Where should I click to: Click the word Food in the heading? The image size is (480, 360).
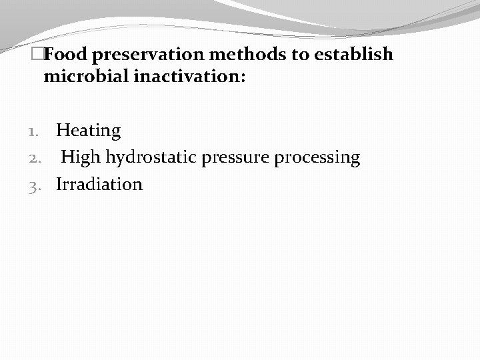click(x=65, y=54)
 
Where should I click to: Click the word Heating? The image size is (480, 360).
click(x=88, y=131)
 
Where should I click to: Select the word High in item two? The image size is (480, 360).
click(x=81, y=158)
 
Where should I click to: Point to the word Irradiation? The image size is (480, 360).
click(x=99, y=184)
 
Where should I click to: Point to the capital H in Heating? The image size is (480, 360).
click(x=63, y=131)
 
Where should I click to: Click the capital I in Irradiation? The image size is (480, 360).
click(x=59, y=184)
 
